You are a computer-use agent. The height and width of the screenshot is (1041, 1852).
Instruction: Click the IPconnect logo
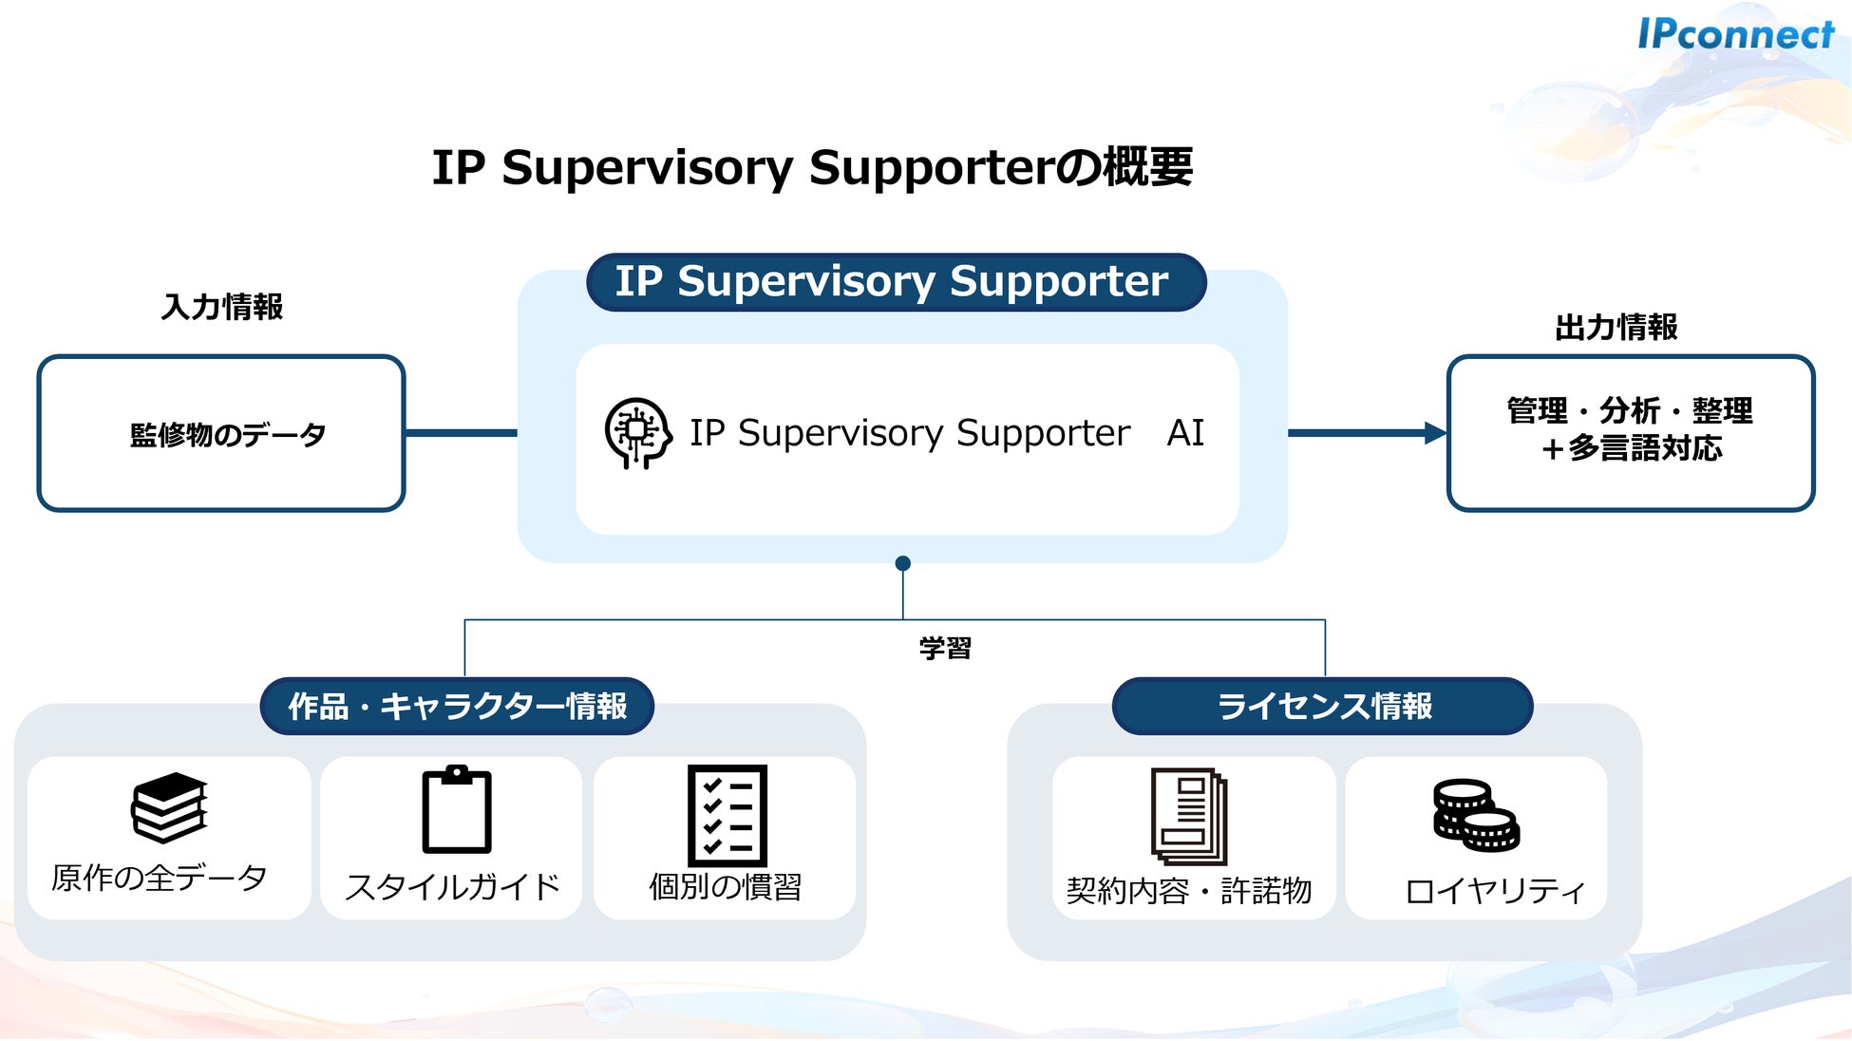[1735, 34]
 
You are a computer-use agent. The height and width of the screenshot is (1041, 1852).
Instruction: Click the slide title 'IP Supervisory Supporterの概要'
[812, 167]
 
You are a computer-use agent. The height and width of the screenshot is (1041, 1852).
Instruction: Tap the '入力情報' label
[222, 307]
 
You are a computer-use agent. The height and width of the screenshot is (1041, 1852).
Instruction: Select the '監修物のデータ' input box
[221, 433]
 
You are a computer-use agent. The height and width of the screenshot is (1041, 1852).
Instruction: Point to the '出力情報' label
[1616, 328]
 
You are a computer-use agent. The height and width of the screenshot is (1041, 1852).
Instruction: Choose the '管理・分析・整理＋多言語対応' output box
[1631, 433]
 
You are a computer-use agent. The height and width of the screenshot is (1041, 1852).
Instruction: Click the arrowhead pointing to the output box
[1435, 433]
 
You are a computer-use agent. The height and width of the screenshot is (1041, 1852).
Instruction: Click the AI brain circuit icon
[638, 433]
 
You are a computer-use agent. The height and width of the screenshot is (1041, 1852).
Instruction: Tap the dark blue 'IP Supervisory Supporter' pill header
[896, 282]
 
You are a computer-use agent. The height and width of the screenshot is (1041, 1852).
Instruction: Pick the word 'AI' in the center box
[1185, 433]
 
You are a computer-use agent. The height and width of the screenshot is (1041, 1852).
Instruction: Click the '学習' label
[945, 649]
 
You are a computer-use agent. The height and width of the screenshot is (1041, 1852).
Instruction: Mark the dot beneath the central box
[903, 563]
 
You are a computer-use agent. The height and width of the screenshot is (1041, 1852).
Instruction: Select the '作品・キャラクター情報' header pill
[457, 706]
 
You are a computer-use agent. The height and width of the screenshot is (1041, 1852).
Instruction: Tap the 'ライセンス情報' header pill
[1323, 706]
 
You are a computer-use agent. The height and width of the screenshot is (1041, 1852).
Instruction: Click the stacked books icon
[169, 807]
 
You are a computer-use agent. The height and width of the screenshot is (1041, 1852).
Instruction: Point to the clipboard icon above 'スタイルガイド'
[457, 809]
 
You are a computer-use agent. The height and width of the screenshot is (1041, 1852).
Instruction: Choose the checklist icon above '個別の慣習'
[728, 815]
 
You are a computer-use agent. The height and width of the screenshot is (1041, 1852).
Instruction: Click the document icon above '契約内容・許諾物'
[1189, 816]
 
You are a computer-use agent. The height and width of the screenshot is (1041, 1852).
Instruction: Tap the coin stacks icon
[1476, 815]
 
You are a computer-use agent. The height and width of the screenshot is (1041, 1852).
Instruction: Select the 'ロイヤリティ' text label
[1495, 891]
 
